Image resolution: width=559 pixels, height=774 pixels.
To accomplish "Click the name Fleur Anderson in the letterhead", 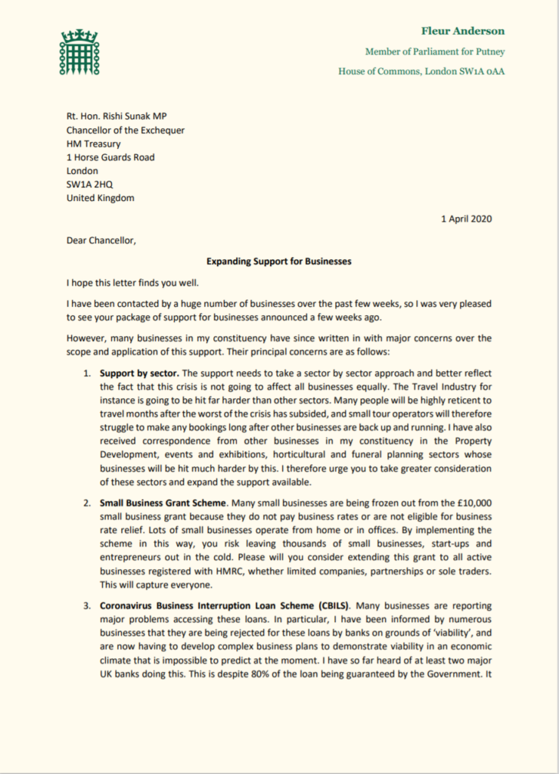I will tap(463, 32).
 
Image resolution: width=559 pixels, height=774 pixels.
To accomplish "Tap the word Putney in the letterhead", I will tap(489, 52).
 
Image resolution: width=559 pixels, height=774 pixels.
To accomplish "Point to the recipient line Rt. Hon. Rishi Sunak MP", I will tap(126, 116).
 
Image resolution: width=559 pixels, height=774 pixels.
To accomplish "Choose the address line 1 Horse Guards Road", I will tap(110, 157).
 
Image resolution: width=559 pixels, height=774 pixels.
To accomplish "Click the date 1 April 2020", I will tap(466, 218).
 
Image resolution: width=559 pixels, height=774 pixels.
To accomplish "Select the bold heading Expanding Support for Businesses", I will tap(279, 262).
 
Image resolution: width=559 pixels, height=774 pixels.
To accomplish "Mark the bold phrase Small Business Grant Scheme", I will tap(161, 501).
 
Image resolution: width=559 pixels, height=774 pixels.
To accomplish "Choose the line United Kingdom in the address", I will tap(100, 198).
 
